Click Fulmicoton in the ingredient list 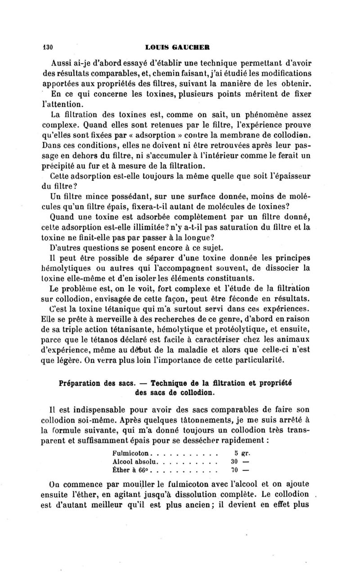tap(132, 451)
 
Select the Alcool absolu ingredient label tap(135, 461)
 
